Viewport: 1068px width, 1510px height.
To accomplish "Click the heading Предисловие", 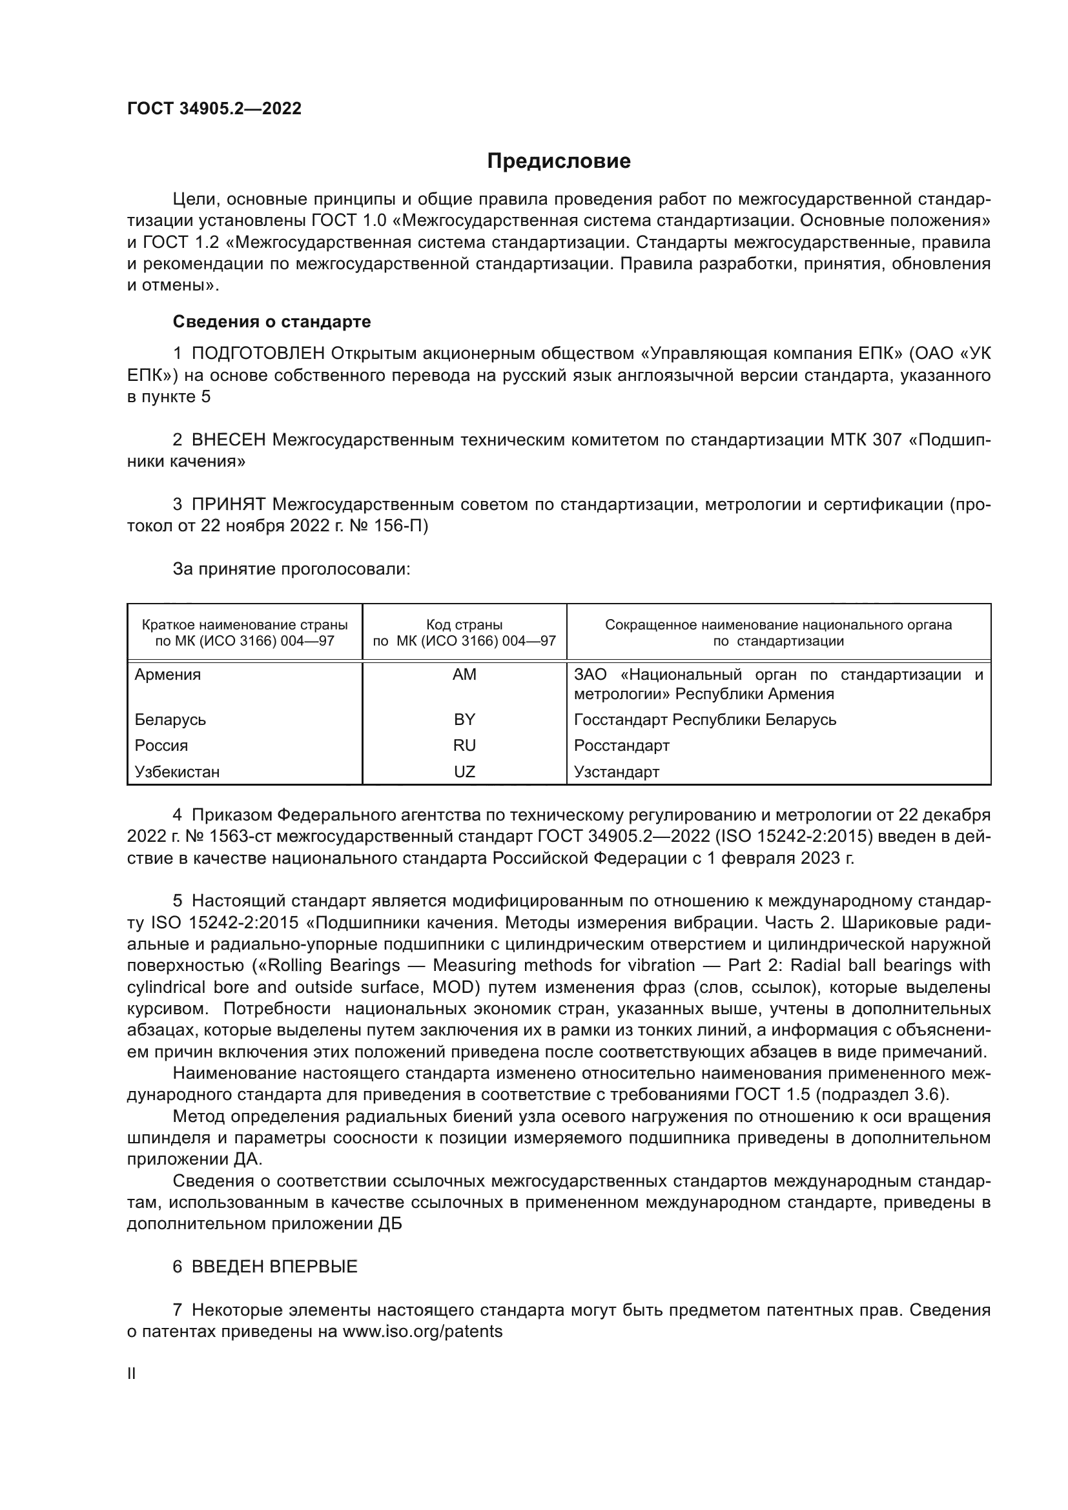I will click(559, 161).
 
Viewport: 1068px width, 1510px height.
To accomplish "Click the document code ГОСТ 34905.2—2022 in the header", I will click(214, 109).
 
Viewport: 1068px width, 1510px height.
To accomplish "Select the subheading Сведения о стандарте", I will click(272, 321).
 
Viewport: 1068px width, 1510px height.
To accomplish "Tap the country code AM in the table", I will click(464, 675).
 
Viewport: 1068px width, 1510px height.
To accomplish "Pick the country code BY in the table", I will click(464, 719).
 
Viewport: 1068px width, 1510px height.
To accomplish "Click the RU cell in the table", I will click(464, 745).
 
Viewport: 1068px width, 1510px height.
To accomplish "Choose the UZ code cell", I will click(464, 771).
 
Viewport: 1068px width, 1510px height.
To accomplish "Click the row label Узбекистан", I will click(177, 771).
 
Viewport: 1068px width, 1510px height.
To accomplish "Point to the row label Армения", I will click(168, 675).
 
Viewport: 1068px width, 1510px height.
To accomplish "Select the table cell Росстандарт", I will click(621, 745).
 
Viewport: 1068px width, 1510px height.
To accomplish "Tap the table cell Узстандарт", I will click(616, 771).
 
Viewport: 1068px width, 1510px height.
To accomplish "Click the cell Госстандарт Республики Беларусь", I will click(705, 719).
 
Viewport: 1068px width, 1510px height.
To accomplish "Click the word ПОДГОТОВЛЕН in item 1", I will click(258, 354).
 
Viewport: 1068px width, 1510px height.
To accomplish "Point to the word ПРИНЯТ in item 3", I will click(228, 504).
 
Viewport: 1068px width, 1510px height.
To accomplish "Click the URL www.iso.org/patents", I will click(422, 1332).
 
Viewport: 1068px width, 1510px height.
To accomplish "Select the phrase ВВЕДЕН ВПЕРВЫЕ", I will click(274, 1267).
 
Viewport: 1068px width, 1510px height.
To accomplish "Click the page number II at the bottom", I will click(132, 1374).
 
